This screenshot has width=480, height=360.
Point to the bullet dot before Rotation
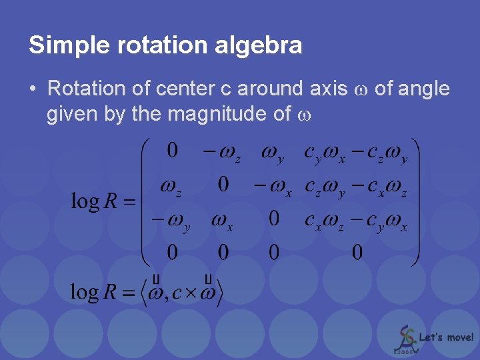(33, 88)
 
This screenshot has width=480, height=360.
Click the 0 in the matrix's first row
(172, 151)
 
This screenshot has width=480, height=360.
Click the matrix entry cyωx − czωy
(356, 153)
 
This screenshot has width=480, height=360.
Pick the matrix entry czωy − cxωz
(356, 187)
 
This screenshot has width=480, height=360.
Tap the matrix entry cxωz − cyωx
(356, 221)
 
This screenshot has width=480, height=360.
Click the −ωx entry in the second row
(273, 187)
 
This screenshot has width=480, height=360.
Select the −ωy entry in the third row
(171, 221)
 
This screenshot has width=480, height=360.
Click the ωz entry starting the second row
(171, 187)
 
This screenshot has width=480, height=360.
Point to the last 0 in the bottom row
(357, 252)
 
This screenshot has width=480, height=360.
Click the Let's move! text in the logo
(447, 337)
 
